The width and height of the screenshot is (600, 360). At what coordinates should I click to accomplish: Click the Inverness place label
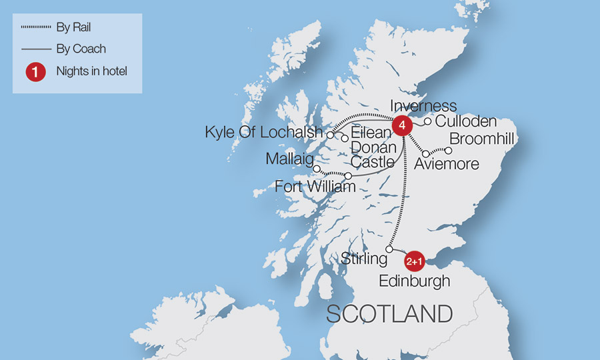point(423,106)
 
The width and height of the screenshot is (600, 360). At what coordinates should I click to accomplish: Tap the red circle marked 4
point(401,125)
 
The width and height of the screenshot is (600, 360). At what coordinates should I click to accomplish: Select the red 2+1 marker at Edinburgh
point(415,261)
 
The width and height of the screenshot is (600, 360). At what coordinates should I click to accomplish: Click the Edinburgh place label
point(415,281)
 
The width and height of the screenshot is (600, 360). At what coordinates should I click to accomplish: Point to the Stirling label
point(364,259)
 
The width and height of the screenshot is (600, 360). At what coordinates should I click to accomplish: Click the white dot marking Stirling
point(389,249)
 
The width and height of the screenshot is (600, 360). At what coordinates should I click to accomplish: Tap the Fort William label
point(315,187)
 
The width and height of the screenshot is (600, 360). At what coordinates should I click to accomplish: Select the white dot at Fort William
point(348,175)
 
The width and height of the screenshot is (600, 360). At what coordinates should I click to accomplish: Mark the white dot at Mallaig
point(317,169)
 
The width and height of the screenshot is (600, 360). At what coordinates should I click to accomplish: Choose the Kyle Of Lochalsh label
point(263,132)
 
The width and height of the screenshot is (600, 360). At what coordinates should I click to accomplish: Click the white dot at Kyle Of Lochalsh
point(330,135)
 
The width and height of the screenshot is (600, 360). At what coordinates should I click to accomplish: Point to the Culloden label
point(466,121)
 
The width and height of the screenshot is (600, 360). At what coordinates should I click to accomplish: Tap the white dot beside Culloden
point(428,121)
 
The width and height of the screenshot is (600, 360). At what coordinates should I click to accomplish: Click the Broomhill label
point(483,139)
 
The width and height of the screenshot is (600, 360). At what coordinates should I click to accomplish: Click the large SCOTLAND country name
point(389,313)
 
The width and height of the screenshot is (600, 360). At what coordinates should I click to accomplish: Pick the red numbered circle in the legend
point(35,72)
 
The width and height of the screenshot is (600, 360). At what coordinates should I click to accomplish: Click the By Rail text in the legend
point(73,27)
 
